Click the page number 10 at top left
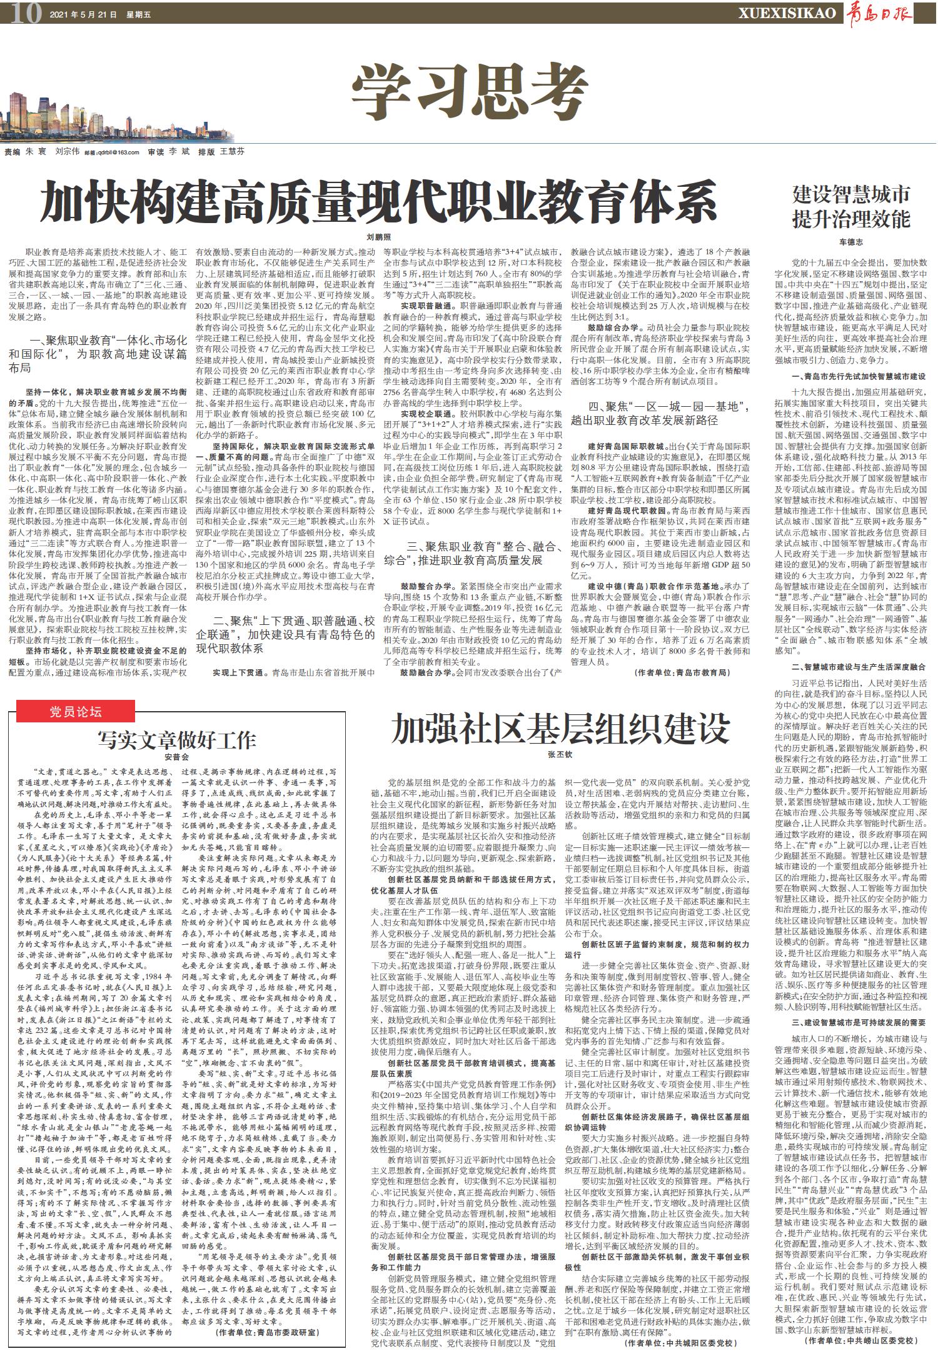tap(25, 12)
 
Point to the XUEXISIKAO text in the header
tap(787, 12)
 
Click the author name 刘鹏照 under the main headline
tap(378, 237)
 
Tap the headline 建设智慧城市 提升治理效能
tap(850, 207)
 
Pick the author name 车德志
tap(850, 242)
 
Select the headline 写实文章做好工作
tap(176, 739)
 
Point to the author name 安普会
tap(176, 757)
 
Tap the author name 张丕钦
tap(560, 755)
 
